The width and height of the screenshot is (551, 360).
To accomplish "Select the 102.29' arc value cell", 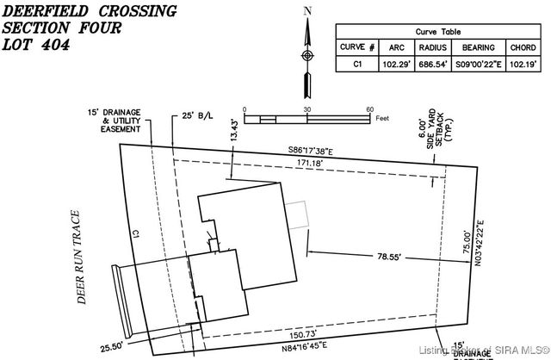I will (397, 63).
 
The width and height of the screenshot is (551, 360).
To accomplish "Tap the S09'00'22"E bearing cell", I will (478, 63).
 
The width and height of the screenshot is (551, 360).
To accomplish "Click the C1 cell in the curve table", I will (357, 63).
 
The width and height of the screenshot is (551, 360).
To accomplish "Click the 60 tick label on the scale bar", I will (369, 109).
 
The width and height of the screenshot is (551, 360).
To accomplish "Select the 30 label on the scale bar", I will (306, 109).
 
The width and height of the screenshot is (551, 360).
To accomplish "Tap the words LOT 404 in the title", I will (38, 48).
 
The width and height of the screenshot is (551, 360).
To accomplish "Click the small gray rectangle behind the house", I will (298, 214).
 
